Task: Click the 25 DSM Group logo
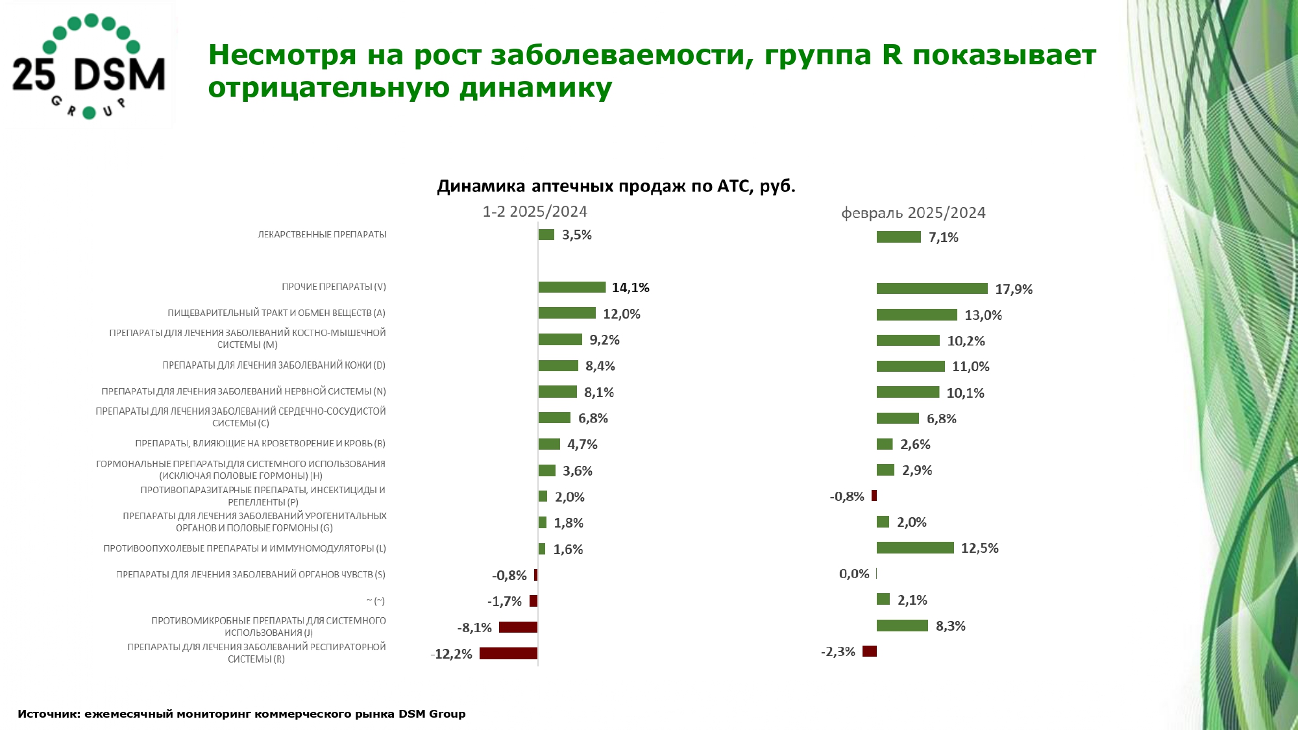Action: tap(89, 67)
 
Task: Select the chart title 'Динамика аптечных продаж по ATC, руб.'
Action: tap(616, 186)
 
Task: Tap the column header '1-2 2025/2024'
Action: tap(534, 212)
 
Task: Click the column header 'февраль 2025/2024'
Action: tap(913, 213)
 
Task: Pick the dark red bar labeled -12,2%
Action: tap(508, 653)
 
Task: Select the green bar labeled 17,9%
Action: tap(931, 289)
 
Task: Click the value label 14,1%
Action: tap(630, 287)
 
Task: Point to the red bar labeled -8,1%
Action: tap(518, 627)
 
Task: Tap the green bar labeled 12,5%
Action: tap(915, 548)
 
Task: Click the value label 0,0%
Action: tap(853, 574)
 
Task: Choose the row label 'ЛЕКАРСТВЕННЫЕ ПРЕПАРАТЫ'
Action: tap(322, 234)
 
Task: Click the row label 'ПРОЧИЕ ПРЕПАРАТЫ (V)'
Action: tap(334, 287)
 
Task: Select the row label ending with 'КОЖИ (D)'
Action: tap(274, 365)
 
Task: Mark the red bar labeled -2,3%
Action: tap(870, 651)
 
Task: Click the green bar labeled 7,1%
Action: tap(898, 237)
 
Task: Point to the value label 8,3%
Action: tap(950, 626)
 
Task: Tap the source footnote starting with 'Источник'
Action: tap(241, 714)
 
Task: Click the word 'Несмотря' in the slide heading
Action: tap(282, 55)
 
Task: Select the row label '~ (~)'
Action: tap(375, 601)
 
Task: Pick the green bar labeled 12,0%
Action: tap(567, 313)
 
